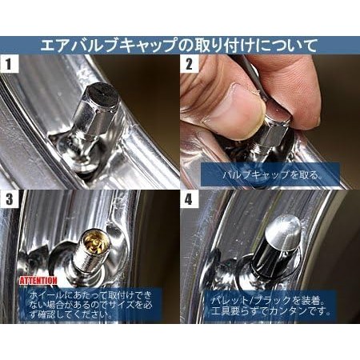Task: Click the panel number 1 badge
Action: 10,64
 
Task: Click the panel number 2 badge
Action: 189,64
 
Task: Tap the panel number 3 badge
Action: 10,199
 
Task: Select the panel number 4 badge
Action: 189,199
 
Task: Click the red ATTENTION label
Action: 38,281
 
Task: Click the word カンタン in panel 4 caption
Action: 286,311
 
